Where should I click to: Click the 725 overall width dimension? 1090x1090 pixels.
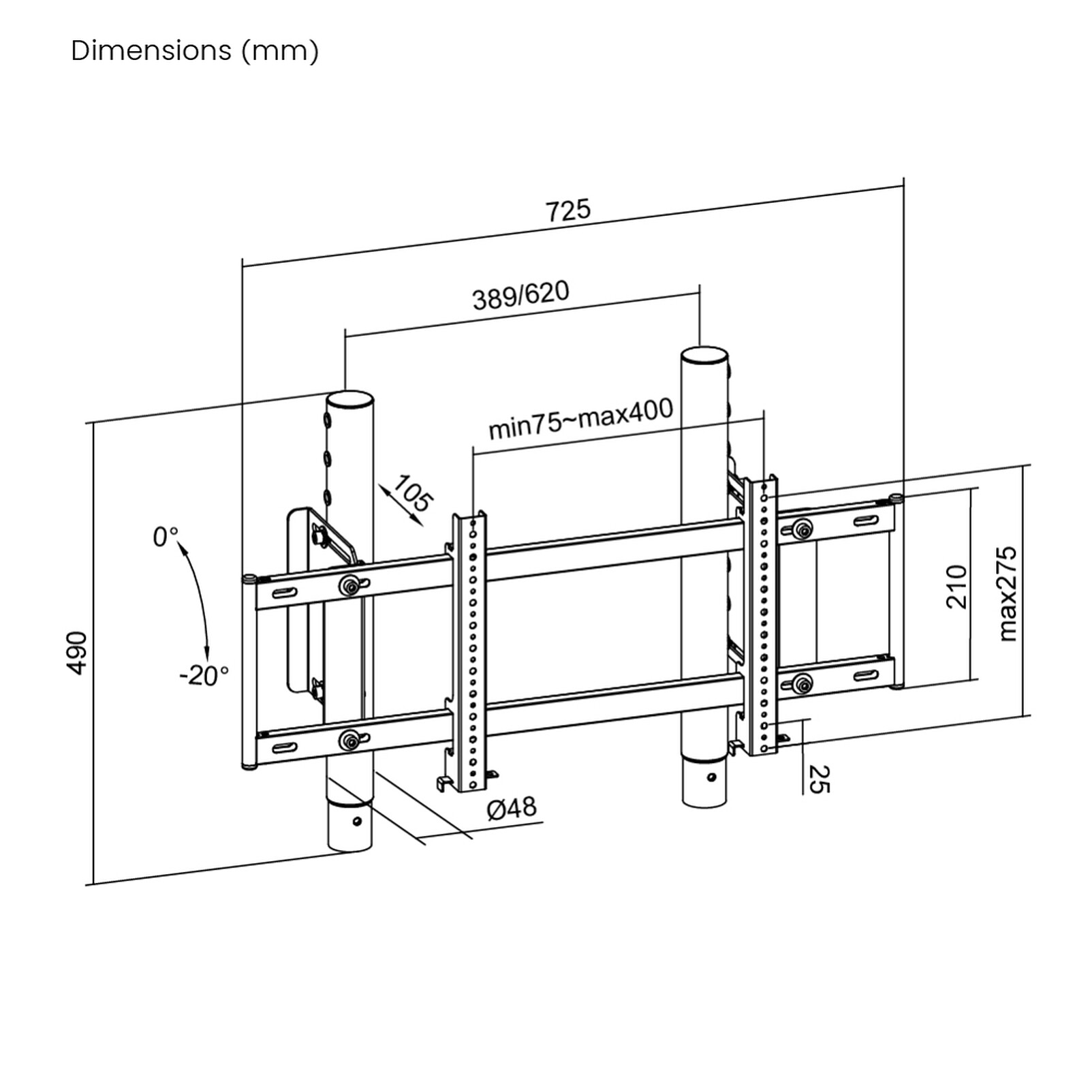coord(567,210)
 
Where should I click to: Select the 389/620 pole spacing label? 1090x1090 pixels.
coord(520,295)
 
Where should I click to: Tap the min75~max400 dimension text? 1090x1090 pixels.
coord(580,418)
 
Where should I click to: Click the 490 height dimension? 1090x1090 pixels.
coord(77,653)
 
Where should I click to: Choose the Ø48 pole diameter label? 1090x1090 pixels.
coord(512,808)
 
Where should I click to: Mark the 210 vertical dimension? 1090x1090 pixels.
coord(956,586)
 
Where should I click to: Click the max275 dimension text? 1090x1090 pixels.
coord(1007,593)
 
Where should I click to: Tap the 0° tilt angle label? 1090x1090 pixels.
coord(166,537)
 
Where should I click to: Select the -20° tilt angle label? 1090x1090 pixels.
coord(204,676)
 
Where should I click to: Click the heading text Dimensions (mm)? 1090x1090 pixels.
coord(195,50)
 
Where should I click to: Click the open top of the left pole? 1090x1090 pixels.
coord(350,399)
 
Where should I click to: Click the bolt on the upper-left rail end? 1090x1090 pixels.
coord(350,585)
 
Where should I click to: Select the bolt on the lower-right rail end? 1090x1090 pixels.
coord(803,683)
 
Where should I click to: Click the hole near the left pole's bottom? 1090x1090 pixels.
coord(356,820)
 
